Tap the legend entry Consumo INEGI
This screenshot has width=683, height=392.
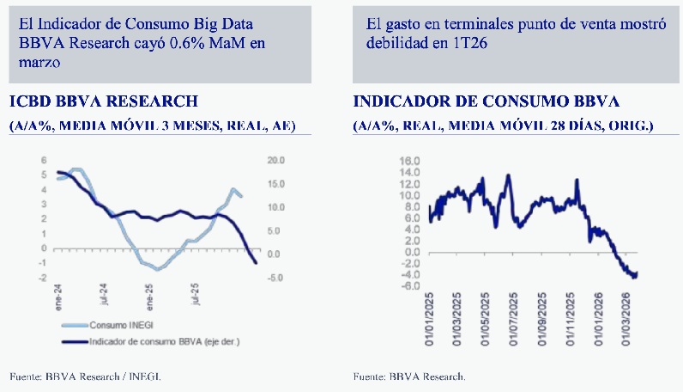point(121,326)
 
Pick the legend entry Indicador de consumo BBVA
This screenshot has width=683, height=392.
point(163,341)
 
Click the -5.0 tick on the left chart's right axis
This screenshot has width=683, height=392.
point(276,278)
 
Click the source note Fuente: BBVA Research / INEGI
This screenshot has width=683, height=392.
point(86,377)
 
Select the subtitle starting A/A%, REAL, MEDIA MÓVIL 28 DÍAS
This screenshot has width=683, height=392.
point(503,126)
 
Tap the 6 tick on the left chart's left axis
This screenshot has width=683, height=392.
point(45,161)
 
